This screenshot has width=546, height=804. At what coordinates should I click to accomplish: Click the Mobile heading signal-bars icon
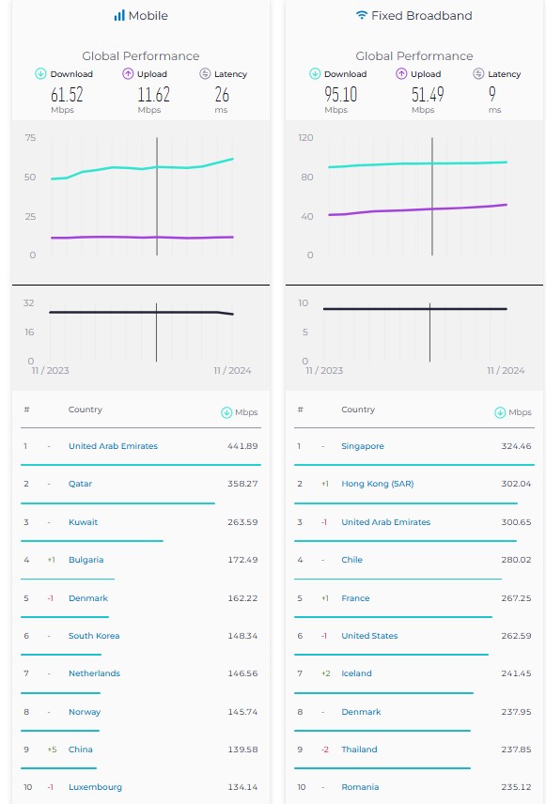tap(119, 16)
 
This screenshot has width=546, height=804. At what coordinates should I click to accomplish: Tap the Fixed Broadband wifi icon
tap(362, 15)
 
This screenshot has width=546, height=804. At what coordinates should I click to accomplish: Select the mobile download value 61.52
tap(67, 94)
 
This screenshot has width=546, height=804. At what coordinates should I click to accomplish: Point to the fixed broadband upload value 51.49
tap(428, 94)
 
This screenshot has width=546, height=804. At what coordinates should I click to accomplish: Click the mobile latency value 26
tap(222, 94)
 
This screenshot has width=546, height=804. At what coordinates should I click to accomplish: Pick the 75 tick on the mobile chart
tap(30, 137)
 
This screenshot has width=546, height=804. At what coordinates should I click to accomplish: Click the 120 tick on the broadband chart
tap(305, 137)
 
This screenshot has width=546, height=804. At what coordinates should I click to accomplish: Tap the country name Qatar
tap(80, 484)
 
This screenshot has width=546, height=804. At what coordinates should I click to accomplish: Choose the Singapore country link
tap(363, 446)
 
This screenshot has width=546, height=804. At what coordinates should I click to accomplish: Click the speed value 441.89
tap(242, 446)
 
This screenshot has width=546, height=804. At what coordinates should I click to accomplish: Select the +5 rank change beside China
tap(52, 750)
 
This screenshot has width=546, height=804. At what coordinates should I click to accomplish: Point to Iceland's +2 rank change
tap(325, 673)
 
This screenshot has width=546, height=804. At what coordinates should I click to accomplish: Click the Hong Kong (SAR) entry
tap(377, 484)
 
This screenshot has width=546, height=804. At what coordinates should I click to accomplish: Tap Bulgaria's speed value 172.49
tap(242, 560)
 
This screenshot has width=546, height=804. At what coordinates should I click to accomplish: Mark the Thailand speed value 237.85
tap(516, 750)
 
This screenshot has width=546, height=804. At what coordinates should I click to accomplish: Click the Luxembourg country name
tap(95, 787)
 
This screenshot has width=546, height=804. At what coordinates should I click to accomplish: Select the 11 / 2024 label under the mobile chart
tap(232, 371)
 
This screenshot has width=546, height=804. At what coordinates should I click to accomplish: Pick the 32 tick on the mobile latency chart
tap(29, 303)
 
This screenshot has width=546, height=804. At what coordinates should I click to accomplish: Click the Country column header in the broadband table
tap(358, 410)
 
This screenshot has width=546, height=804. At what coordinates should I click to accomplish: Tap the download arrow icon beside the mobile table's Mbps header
tap(226, 412)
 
